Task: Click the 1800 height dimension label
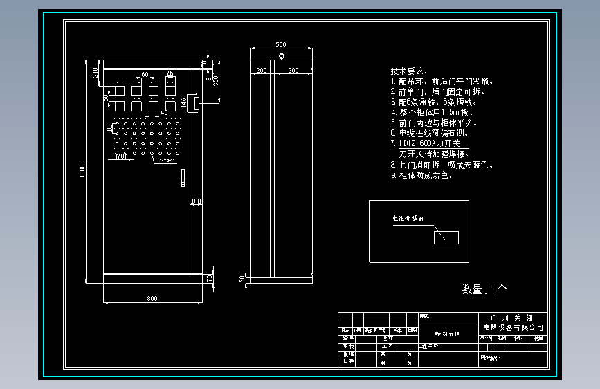(82, 170)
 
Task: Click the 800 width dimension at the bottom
(152, 298)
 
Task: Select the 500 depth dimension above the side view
(280, 44)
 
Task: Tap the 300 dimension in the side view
(293, 70)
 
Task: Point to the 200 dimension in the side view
(261, 70)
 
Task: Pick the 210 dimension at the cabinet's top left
(95, 72)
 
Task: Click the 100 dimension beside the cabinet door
(196, 201)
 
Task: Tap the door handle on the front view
(183, 178)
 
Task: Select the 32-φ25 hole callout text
(166, 161)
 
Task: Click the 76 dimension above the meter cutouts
(170, 73)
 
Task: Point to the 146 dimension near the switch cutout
(183, 102)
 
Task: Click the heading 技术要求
(408, 71)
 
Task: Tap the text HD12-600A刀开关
(434, 143)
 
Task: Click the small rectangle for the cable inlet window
(446, 237)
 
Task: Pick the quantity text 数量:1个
(484, 289)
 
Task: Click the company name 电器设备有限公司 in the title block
(513, 327)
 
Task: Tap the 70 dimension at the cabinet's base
(209, 278)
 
